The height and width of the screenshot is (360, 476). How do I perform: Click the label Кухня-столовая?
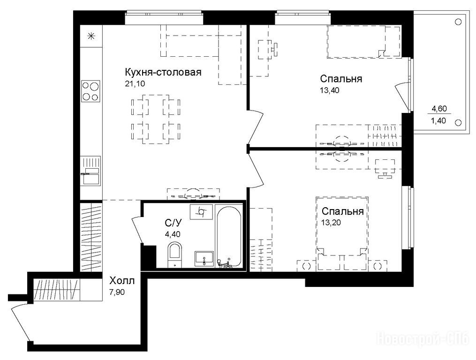[x=163, y=73]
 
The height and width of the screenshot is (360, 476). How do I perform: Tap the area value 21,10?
[x=135, y=84]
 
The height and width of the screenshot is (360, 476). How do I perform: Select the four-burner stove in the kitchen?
[x=91, y=91]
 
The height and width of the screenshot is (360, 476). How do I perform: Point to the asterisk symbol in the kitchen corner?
[x=91, y=37]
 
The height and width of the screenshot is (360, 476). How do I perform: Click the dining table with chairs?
[x=156, y=119]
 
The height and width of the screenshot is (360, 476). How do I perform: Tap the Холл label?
[x=122, y=280]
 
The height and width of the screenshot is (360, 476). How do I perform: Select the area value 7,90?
[x=117, y=292]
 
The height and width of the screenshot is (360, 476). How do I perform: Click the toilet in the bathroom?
[x=174, y=255]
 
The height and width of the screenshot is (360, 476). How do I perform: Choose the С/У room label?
[x=173, y=224]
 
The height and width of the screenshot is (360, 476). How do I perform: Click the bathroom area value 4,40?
[x=173, y=234]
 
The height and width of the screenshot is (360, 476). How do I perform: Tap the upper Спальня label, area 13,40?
[x=341, y=79]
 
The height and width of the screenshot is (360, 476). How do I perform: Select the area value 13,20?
[x=331, y=223]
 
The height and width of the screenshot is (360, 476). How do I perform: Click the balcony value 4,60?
[x=439, y=108]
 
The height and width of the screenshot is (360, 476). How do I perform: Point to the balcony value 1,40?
[x=438, y=121]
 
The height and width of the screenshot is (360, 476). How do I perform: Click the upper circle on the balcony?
[x=458, y=22]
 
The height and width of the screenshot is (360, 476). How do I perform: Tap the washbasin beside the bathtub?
[x=204, y=259]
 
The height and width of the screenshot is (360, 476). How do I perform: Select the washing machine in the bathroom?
[x=201, y=212]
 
